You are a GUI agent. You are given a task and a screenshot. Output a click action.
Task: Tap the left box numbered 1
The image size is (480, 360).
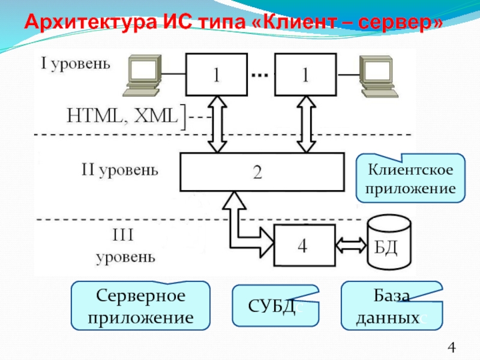pyautogui.click(x=216, y=74)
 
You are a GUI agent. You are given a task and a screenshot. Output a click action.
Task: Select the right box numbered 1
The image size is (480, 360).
pyautogui.click(x=305, y=74)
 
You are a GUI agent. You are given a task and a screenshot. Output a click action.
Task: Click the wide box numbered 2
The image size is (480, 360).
pyautogui.click(x=263, y=172)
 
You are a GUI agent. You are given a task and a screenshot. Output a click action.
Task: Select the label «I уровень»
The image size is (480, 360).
pyautogui.click(x=75, y=63)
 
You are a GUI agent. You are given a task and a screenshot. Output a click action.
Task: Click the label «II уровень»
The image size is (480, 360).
pyautogui.click(x=120, y=170)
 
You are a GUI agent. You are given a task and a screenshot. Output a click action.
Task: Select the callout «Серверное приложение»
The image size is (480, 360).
pyautogui.click(x=141, y=305)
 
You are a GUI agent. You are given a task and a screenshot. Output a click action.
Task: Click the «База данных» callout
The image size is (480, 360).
pyautogui.click(x=391, y=306)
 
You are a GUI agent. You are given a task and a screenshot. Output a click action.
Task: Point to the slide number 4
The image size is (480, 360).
pyautogui.click(x=452, y=347)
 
